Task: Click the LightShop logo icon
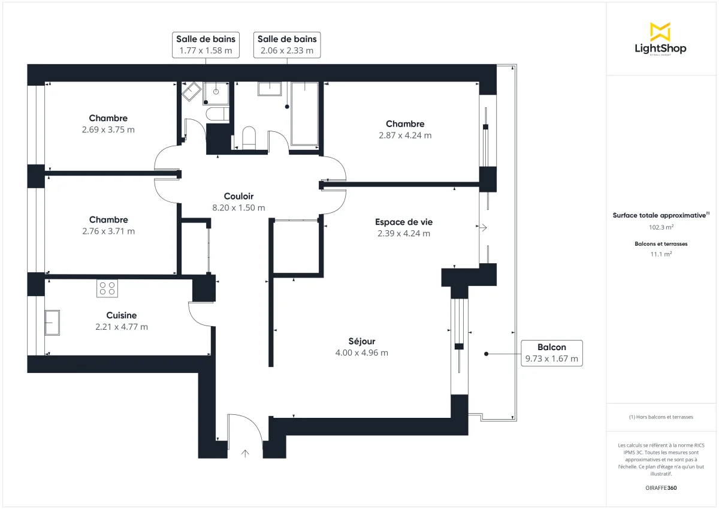coord(660,32)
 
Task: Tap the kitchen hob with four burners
coord(107,288)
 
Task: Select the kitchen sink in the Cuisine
coord(52,323)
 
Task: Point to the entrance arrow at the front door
coord(245,453)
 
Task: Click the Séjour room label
coord(361,341)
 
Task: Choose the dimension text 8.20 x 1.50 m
coord(238,207)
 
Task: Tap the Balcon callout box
coord(551,353)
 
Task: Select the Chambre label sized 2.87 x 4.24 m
coord(405,124)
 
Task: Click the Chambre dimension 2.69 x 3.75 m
coord(108,129)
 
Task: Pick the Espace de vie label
coord(403,221)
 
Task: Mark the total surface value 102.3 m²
coord(660,227)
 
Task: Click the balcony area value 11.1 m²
coord(660,254)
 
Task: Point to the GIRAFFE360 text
coord(660,488)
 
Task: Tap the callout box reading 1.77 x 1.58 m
coord(206,45)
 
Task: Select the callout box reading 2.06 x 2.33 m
coord(287,45)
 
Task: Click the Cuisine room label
coord(122,315)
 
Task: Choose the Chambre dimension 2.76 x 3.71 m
coord(108,231)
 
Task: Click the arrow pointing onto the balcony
coord(483,228)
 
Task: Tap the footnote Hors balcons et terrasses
coord(660,417)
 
